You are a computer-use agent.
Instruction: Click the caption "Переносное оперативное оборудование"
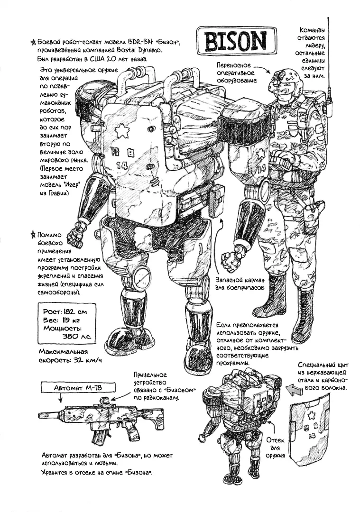(x=235, y=73)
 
